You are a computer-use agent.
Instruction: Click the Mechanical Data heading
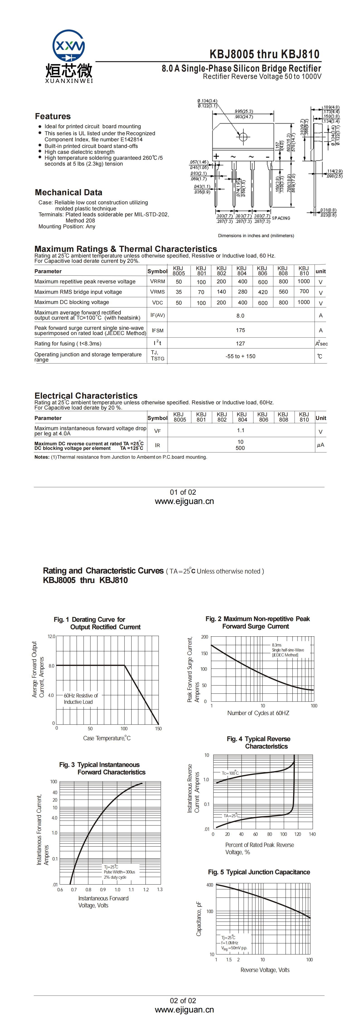(x=68, y=192)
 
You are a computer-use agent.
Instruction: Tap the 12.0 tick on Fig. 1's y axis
(x=51, y=636)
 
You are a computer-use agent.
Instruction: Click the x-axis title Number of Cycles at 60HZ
(x=258, y=713)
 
